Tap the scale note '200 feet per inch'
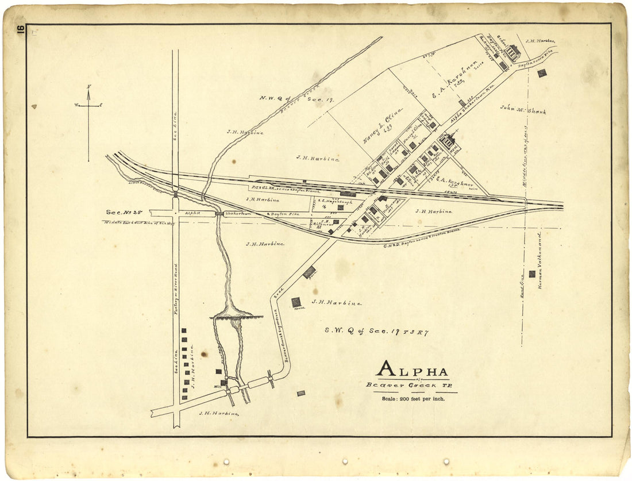(x=413, y=398)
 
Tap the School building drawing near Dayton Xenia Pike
(x=513, y=53)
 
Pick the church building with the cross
(x=447, y=140)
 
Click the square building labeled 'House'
(x=296, y=302)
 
